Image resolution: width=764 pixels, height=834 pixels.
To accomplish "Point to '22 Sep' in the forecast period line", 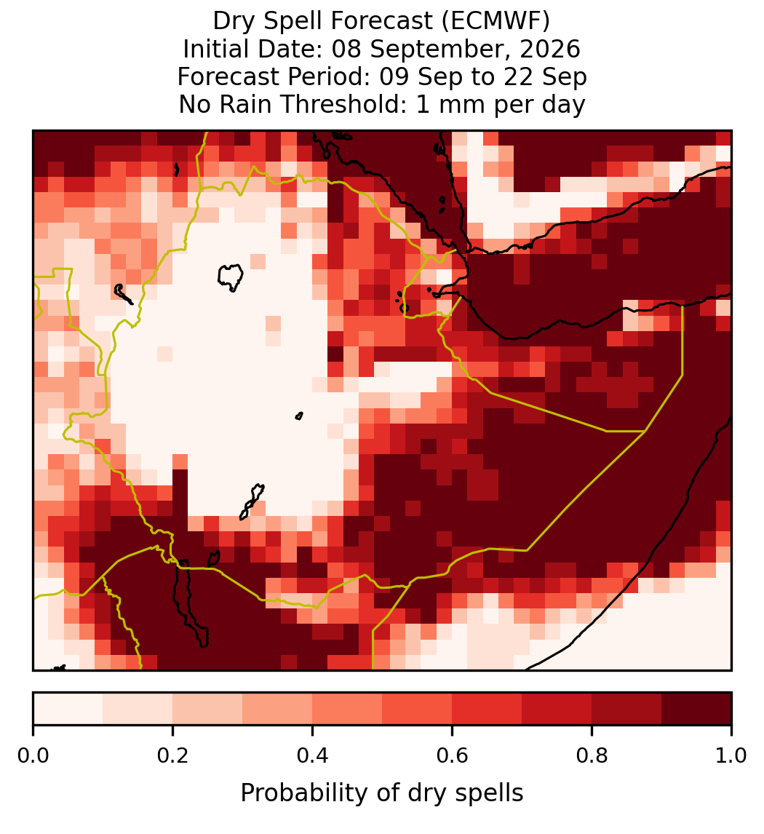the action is [x=554, y=77].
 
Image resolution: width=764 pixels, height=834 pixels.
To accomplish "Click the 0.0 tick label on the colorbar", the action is [x=33, y=756].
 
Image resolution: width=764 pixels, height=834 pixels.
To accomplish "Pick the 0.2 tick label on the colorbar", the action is [x=172, y=756].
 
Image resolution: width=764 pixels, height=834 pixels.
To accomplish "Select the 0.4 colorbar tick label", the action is [x=313, y=756].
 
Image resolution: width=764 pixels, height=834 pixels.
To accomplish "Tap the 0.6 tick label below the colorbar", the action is [x=453, y=756].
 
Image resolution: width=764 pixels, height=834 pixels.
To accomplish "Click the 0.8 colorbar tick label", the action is [x=592, y=756].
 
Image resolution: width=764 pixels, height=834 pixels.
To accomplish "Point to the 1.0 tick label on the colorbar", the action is [x=731, y=756].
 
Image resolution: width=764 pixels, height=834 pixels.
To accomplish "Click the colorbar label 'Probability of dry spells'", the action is [x=382, y=793].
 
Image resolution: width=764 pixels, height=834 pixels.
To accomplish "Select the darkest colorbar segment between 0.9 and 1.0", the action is [x=697, y=709].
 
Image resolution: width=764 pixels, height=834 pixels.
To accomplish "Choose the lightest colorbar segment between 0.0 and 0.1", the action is [x=68, y=709].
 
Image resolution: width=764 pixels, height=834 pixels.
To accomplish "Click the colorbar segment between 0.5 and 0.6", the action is [x=418, y=709].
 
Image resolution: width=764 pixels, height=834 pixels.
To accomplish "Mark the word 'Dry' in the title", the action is [x=232, y=22].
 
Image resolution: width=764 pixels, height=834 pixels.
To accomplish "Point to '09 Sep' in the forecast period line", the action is [x=413, y=77].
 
